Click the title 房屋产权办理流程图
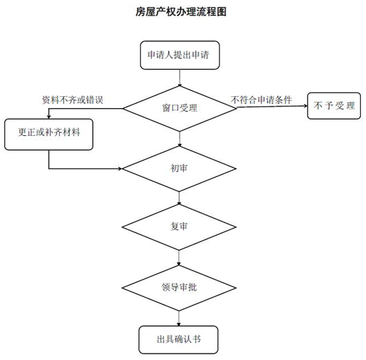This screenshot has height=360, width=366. [181, 12]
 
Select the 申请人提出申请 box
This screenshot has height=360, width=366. [180, 55]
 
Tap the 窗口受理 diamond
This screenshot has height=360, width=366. [179, 109]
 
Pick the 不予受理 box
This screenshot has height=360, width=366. [334, 106]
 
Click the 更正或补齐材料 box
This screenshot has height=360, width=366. [49, 134]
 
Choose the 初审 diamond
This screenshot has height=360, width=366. [179, 168]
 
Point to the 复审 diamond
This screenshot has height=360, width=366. [179, 227]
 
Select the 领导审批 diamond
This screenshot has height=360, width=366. [179, 288]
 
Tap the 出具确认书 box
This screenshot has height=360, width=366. [179, 339]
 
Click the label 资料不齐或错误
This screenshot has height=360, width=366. [72, 100]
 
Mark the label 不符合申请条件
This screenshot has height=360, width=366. [261, 100]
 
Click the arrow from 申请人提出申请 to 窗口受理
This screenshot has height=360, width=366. [179, 78]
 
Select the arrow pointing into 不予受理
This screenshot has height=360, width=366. [272, 107]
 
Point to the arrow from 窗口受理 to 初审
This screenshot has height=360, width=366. [179, 139]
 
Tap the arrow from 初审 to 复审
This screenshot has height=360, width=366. [179, 198]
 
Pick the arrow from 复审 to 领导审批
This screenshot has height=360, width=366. [179, 258]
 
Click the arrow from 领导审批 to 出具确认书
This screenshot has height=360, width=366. [179, 319]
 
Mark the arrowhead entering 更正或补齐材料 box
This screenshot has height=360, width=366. [49, 117]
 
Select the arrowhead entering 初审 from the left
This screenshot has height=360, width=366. [120, 168]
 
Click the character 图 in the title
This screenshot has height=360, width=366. [221, 12]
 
